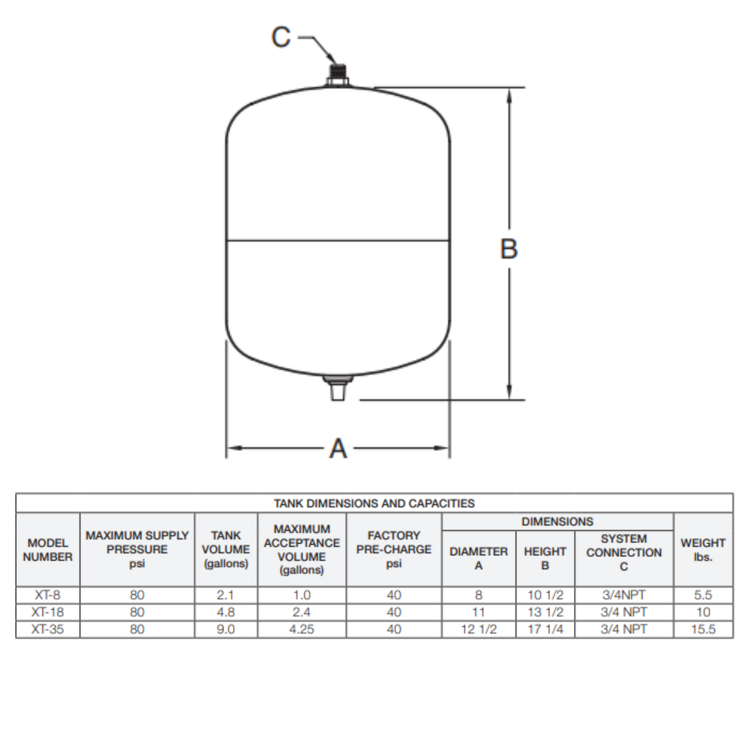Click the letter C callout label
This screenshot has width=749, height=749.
[x=281, y=37]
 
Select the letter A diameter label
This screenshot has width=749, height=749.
[x=338, y=448]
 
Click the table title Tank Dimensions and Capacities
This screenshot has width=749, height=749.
[x=374, y=503]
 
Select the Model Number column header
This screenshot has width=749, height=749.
[x=48, y=550]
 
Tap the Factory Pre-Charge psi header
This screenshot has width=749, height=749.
[x=394, y=549]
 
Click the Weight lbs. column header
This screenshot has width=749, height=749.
[x=703, y=550]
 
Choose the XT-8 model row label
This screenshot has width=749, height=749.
[x=48, y=595]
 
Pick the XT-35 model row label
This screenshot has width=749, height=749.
[x=48, y=629]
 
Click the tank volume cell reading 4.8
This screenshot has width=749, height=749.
[x=226, y=612]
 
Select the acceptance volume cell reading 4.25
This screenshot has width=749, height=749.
[x=302, y=629]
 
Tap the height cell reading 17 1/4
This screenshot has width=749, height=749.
[x=545, y=629]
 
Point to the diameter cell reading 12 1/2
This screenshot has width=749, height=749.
[x=478, y=629]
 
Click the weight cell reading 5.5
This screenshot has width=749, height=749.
[x=703, y=595]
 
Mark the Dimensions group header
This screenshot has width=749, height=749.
[x=557, y=521]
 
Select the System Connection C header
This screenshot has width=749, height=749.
[x=624, y=553]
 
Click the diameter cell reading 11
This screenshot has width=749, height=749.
[x=478, y=612]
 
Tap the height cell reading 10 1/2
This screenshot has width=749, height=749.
[x=545, y=595]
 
